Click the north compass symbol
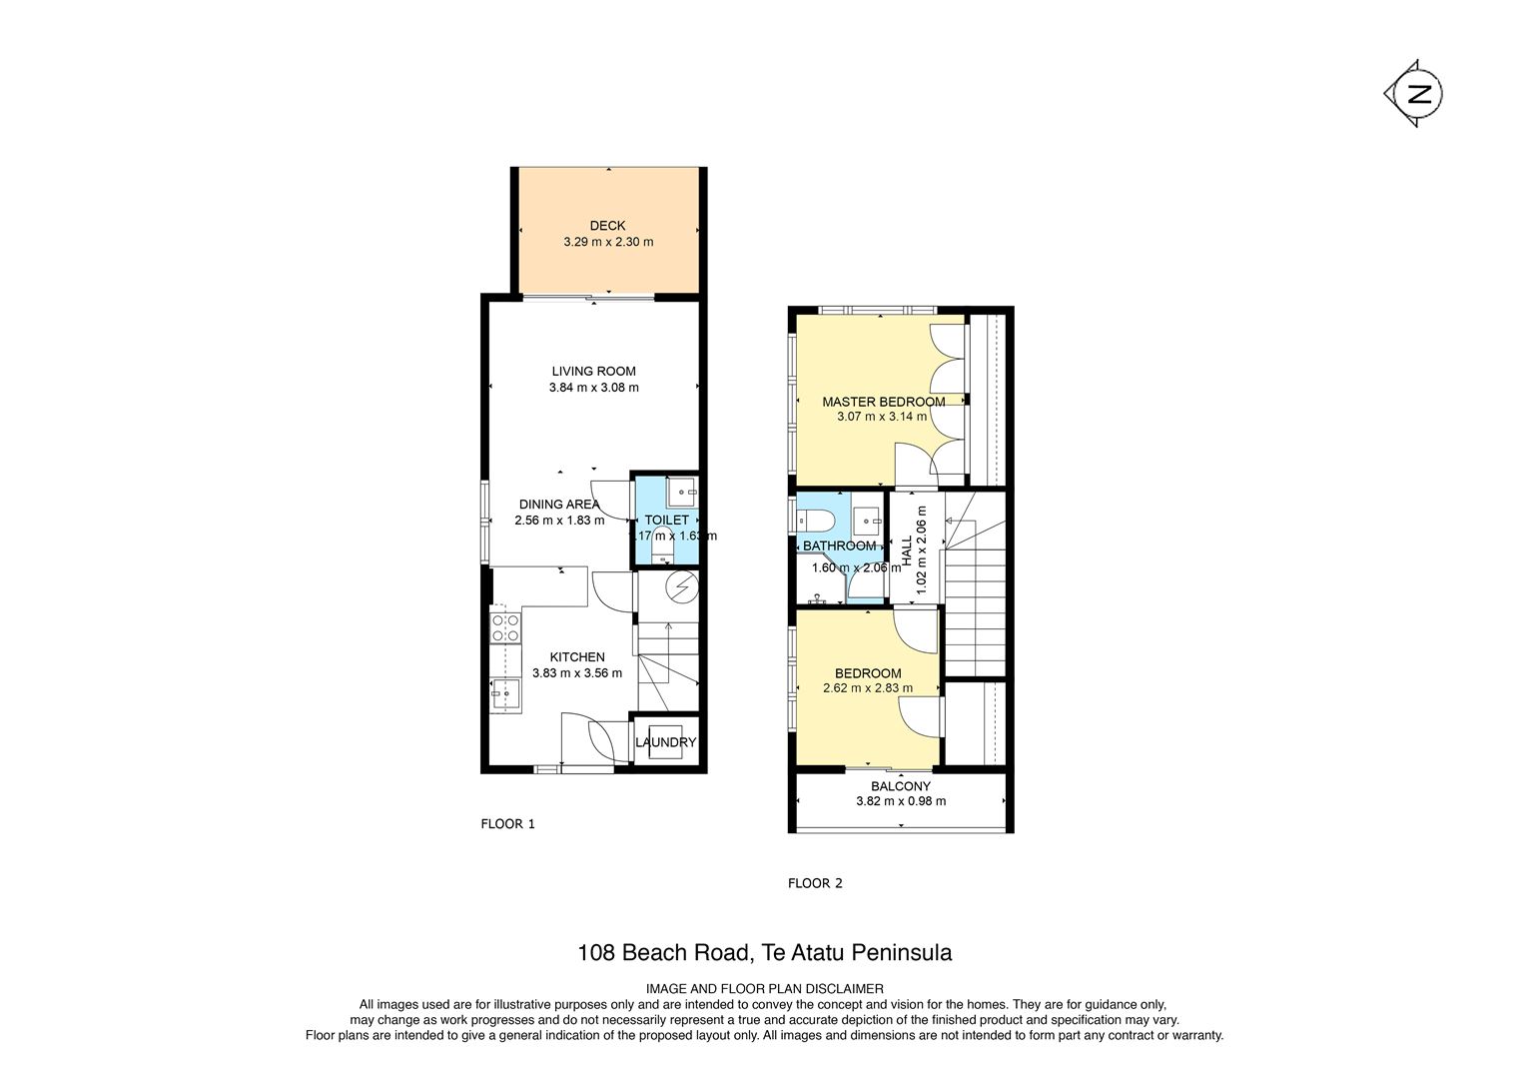tap(1414, 93)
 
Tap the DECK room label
tap(607, 226)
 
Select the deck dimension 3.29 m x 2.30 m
tap(608, 242)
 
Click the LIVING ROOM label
tap(594, 372)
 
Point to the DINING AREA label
tap(559, 505)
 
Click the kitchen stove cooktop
tap(505, 627)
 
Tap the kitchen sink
tap(505, 694)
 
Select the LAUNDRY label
tap(665, 742)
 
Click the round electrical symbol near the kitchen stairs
tap(683, 586)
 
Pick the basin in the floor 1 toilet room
tap(681, 492)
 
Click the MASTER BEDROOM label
tap(884, 403)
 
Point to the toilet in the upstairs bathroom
tap(815, 522)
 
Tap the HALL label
tap(908, 550)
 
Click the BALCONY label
tap(901, 786)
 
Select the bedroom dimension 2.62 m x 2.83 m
tap(868, 688)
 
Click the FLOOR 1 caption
tap(508, 824)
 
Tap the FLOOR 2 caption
tap(816, 883)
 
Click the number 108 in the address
tap(596, 952)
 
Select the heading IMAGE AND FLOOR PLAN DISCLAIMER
tap(764, 988)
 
